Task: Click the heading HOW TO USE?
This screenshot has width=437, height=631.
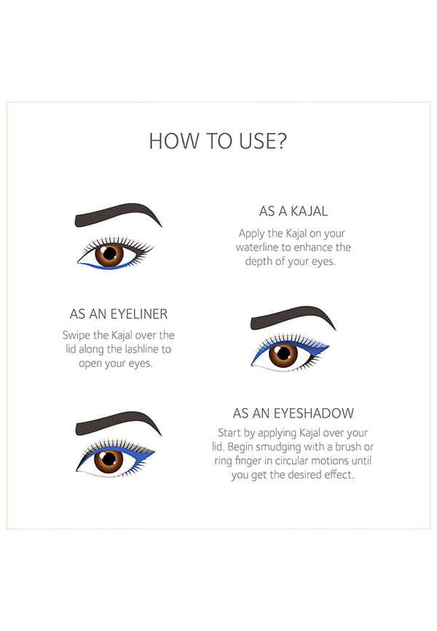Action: [x=218, y=141]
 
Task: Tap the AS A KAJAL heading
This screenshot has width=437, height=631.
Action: [x=294, y=211]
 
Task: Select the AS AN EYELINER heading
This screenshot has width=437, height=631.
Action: [x=118, y=314]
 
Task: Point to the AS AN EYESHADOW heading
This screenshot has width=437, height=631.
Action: [x=294, y=413]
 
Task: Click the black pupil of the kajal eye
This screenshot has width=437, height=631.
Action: [x=109, y=254]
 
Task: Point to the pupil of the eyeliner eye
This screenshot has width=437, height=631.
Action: [x=284, y=353]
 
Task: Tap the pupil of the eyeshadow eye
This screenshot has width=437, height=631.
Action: [x=109, y=459]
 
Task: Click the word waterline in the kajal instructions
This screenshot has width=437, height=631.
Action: [x=256, y=247]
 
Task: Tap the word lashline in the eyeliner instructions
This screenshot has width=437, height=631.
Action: [x=143, y=349]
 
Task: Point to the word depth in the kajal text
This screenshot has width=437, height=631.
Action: [x=258, y=262]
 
